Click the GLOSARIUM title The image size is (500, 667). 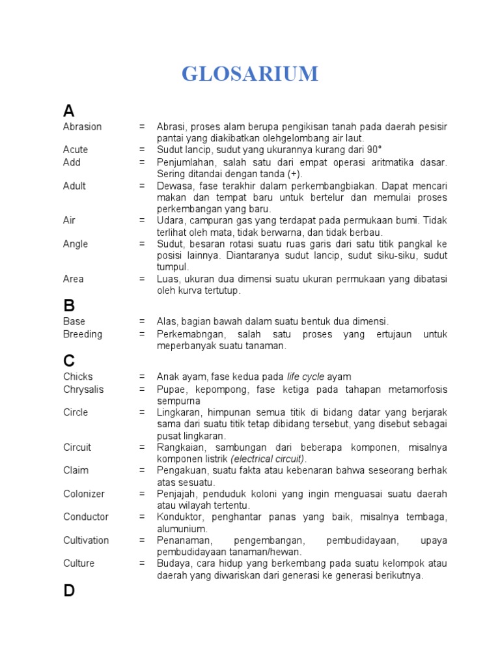(x=250, y=74)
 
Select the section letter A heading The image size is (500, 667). (x=69, y=110)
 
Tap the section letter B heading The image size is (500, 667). (x=69, y=305)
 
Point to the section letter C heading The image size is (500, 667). (x=70, y=360)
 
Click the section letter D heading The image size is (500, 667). (x=70, y=591)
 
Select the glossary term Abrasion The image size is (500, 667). (x=83, y=126)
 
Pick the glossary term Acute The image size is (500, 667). (x=76, y=150)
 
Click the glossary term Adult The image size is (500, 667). (x=75, y=186)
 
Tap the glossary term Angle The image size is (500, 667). (x=75, y=244)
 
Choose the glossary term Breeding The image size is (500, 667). (x=83, y=334)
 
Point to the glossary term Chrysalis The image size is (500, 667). (x=83, y=390)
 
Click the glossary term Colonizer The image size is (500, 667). (x=84, y=494)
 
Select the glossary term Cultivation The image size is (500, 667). (x=86, y=540)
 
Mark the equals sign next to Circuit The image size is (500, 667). (x=142, y=447)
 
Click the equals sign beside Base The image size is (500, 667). (x=142, y=321)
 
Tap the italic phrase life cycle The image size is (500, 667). (x=305, y=376)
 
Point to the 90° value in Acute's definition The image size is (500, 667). (x=374, y=150)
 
